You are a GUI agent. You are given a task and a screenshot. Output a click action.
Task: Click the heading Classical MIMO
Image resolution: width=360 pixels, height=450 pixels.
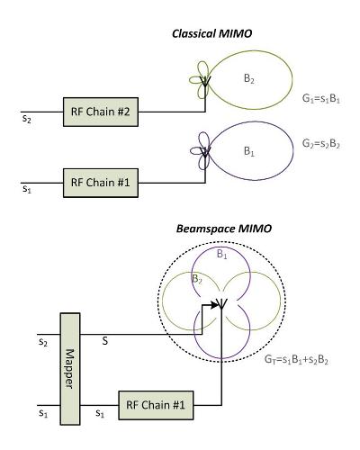212,33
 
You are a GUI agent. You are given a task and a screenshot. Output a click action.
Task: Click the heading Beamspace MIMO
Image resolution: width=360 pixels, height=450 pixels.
224,229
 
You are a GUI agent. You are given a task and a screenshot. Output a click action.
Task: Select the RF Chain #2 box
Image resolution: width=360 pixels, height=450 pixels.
101,112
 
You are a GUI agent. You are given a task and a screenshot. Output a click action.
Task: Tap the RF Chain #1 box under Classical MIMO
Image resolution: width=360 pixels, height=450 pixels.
101,183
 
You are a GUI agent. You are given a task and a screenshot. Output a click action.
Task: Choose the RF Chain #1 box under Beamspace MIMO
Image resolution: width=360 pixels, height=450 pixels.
156,405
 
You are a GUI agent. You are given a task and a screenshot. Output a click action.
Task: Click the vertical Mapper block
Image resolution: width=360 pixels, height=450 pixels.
70,369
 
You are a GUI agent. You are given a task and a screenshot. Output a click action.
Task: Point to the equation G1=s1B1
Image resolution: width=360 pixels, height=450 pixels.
321,99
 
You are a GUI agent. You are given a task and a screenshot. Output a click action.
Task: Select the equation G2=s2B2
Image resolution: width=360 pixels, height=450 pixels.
321,144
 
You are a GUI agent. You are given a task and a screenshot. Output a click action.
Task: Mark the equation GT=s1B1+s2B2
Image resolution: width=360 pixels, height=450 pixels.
296,359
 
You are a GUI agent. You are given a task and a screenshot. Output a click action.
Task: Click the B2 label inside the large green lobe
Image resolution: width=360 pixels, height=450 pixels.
249,79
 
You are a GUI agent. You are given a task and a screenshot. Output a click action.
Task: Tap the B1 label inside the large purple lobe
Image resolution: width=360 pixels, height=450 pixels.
249,151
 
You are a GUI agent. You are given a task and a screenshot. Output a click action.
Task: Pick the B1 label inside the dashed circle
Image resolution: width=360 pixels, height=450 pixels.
222,255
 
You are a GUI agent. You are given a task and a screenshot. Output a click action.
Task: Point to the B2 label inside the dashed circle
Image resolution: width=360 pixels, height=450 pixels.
197,279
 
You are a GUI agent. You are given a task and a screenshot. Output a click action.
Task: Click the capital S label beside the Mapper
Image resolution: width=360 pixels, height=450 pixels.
104,341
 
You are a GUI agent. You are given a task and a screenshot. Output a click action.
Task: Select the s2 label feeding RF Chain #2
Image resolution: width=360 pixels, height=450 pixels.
27,119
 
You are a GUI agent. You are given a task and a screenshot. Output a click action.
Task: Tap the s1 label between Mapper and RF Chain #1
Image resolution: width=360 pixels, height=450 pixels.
100,413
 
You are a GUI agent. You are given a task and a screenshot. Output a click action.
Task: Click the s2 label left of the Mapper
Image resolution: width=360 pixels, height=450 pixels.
43,342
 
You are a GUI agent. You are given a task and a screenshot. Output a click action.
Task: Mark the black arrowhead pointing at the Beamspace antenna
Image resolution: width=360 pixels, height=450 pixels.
214,305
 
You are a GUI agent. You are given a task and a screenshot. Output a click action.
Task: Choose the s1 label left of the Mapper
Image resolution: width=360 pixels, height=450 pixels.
43,413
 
